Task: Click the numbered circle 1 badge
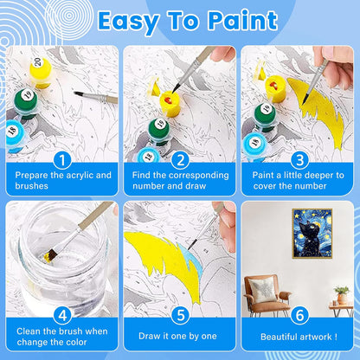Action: pos(61,159)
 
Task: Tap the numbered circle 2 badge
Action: pos(179,159)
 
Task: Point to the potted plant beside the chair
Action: pos(340,295)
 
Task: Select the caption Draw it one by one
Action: pos(179,335)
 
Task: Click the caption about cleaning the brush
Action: pos(61,335)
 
